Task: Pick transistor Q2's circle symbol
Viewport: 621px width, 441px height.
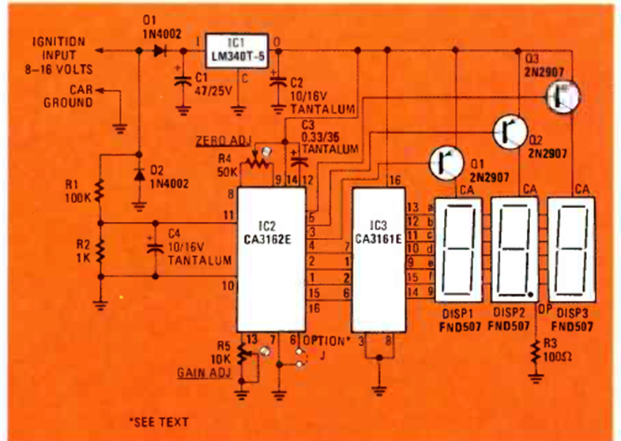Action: [x=507, y=130]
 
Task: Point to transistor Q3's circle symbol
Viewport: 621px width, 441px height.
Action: [x=563, y=96]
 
